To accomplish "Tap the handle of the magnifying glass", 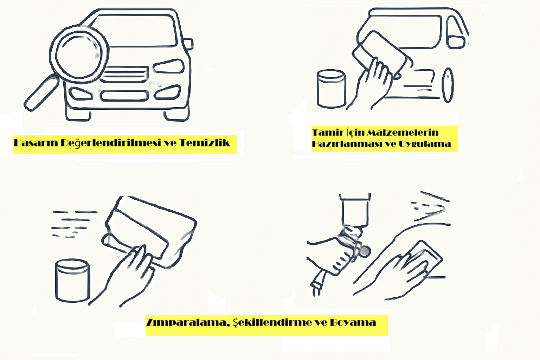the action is click(x=41, y=93).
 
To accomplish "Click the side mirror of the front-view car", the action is click(x=188, y=44).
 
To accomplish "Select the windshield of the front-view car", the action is click(x=135, y=31).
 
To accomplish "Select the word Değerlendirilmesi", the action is click(x=111, y=143).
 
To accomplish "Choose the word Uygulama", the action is click(x=425, y=144).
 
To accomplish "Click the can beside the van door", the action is click(x=332, y=89).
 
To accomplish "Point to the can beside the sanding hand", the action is click(x=72, y=281).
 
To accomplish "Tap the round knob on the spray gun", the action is click(x=365, y=251).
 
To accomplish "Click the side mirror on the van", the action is click(x=456, y=42).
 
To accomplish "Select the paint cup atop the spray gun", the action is click(x=355, y=210).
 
